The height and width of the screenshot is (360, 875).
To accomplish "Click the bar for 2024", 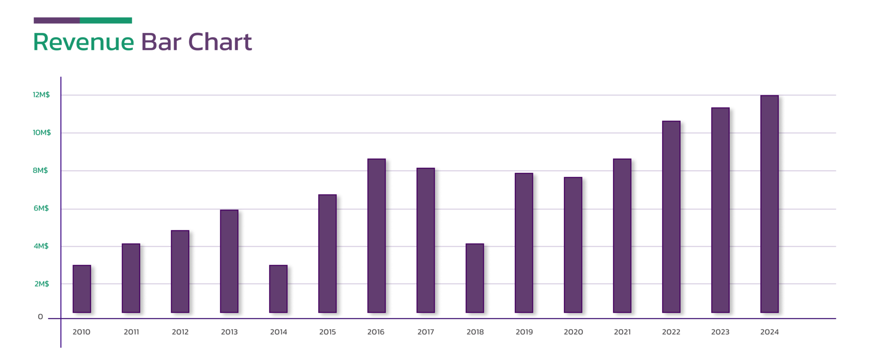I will [x=769, y=204].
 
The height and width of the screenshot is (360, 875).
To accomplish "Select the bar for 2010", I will [x=82, y=289].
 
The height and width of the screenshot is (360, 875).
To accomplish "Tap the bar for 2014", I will [x=278, y=289].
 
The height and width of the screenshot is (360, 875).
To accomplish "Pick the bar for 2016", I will [x=376, y=236].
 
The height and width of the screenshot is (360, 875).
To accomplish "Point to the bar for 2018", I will [x=475, y=278].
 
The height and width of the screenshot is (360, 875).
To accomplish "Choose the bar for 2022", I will [x=671, y=217].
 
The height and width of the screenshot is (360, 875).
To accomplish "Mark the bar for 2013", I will [x=229, y=261].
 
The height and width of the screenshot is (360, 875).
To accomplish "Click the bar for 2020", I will [x=573, y=245].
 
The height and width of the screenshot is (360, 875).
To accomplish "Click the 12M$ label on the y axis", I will [x=41, y=95].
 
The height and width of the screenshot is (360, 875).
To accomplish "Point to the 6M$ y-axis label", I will [x=41, y=208].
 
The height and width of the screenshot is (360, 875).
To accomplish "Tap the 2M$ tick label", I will [x=42, y=284].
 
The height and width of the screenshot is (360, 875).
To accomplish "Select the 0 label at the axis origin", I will [x=41, y=317].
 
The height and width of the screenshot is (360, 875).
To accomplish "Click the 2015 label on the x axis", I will [x=328, y=332].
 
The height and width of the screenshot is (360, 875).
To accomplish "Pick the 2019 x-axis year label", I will [x=524, y=332].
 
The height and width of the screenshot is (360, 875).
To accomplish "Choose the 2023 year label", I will [x=720, y=332].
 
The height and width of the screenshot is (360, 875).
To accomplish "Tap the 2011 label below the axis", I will [x=132, y=332].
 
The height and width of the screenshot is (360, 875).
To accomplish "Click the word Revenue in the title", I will [x=84, y=42].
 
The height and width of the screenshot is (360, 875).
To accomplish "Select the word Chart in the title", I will [x=220, y=42].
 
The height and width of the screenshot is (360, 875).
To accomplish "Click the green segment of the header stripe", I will [x=106, y=20].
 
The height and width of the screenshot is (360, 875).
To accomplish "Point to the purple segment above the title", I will [x=57, y=20].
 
